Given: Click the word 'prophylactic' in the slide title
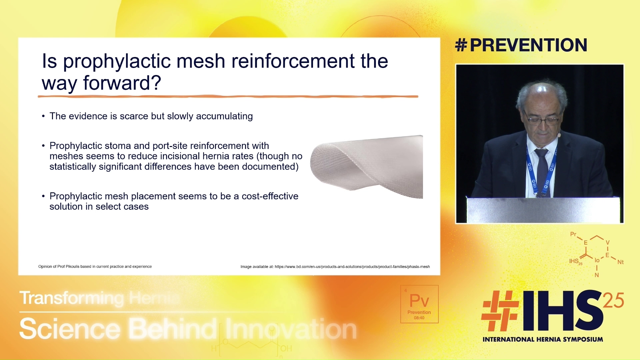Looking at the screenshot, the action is tap(117, 62).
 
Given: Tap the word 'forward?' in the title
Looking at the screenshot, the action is tap(122, 83).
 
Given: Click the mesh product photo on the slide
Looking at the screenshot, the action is tap(367, 167).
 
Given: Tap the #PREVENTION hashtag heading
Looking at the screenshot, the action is tap(521, 45).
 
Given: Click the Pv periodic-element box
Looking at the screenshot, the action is tap(419, 304).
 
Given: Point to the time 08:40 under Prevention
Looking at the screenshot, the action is tap(419, 318).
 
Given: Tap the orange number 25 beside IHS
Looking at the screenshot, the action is tap(613, 300).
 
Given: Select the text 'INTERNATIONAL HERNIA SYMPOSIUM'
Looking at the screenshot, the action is tap(543, 339).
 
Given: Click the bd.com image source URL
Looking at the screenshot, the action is tap(352, 267).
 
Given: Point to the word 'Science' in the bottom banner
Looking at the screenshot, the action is tap(70, 329).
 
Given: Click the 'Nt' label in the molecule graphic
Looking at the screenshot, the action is tap(620, 262).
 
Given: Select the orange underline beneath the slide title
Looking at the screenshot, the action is tap(228, 97).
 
